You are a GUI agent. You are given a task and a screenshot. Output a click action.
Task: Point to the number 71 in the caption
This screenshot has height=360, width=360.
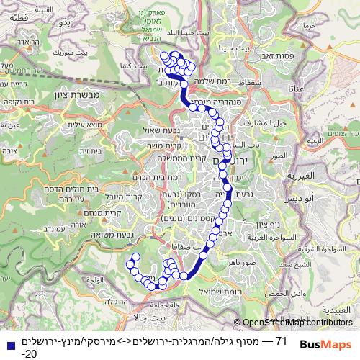tap(282, 339)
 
